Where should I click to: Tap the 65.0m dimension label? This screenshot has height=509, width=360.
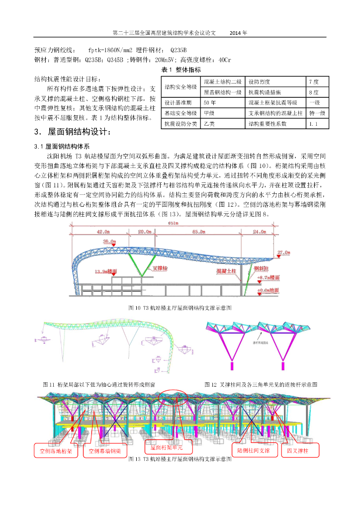200,232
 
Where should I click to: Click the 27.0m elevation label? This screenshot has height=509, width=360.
283,253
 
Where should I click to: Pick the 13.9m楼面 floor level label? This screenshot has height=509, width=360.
105,271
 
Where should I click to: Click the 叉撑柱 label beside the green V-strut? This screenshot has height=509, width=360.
160,267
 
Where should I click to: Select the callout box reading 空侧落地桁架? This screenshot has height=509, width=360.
56,451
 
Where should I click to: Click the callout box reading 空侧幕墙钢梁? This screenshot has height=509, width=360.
105,451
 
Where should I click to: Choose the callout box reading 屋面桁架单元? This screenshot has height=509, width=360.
167,447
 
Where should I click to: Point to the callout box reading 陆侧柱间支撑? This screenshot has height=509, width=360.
254,450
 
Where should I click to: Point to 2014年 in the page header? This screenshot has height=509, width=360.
238,33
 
